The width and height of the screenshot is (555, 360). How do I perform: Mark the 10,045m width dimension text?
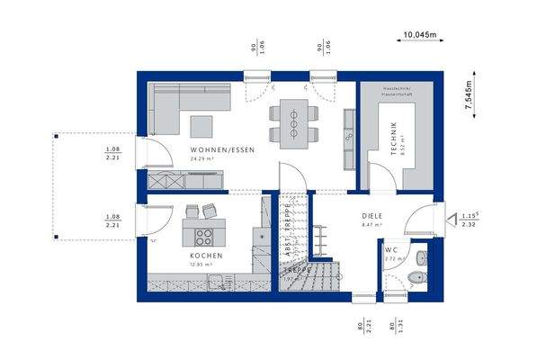click(x=419, y=34)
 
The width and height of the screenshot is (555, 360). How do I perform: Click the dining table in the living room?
click(x=293, y=121)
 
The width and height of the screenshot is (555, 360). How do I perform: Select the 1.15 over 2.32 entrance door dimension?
click(x=469, y=220)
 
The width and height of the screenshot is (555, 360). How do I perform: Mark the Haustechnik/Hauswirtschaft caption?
click(x=397, y=90)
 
